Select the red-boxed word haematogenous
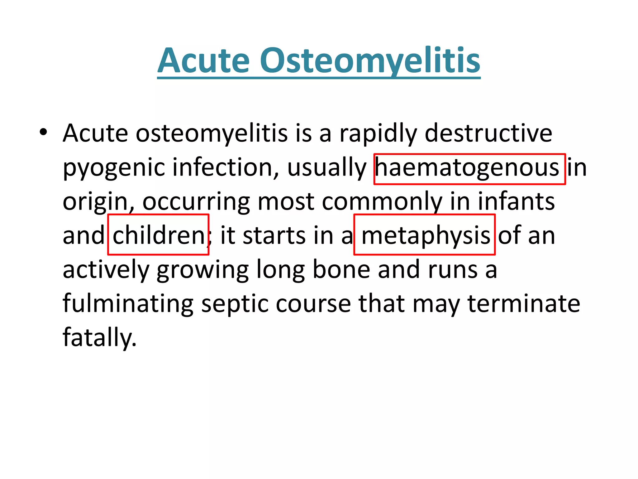pyautogui.click(x=469, y=168)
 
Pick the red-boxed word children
pyautogui.click(x=158, y=235)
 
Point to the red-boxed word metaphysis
pyautogui.click(x=425, y=235)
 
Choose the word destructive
pyautogui.click(x=488, y=133)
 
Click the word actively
pyautogui.click(x=106, y=270)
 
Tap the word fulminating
pyautogui.click(x=128, y=304)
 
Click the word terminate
pyautogui.click(x=524, y=304)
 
